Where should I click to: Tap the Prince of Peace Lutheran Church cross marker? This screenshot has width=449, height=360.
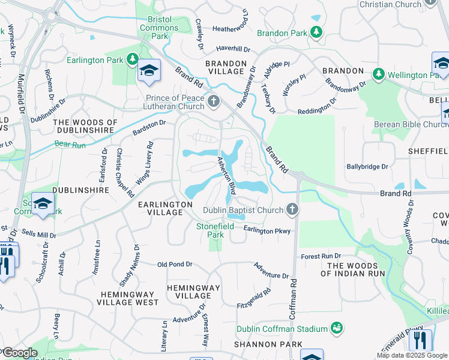[214, 102]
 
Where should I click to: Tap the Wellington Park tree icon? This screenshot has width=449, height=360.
[378, 74]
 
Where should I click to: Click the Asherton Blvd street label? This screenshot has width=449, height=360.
[226, 173]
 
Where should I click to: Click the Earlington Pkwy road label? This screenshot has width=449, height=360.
[267, 230]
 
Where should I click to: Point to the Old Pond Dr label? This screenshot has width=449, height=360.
[175, 264]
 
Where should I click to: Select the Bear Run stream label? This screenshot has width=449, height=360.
[71, 144]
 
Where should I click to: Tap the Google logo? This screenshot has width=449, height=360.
[20, 353]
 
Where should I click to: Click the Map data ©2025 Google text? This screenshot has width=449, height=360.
[411, 355]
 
